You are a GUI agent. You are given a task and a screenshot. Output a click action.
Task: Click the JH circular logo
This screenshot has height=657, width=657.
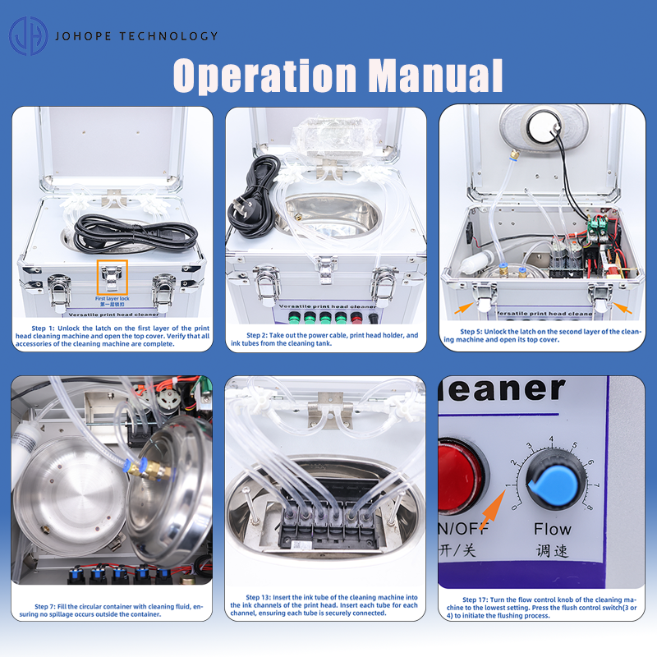29,36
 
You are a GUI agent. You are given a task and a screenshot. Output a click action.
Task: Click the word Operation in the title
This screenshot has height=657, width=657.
264,76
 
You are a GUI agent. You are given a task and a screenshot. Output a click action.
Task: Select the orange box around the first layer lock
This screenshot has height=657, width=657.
113,278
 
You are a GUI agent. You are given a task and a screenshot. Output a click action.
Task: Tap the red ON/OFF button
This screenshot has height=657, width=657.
460,474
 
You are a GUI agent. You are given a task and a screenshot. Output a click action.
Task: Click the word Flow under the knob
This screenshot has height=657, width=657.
552,529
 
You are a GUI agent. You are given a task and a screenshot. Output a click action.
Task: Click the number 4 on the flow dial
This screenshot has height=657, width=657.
551,439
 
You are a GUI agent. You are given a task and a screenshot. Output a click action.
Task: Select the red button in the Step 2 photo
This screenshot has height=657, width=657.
356,318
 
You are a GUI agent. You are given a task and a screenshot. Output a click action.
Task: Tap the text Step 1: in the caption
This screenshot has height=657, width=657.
44,328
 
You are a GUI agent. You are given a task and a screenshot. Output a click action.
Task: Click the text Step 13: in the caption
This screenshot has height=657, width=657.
258,598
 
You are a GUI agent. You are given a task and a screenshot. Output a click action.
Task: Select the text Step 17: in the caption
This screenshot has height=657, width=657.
476,600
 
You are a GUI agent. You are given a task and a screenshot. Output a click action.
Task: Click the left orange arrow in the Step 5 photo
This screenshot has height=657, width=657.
464,308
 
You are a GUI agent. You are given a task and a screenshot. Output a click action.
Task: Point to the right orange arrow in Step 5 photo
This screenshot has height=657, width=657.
623,308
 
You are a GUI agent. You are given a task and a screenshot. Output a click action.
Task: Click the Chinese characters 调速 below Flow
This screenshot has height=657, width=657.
552,550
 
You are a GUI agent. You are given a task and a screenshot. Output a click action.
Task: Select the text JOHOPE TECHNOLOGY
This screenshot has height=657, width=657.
136,36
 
